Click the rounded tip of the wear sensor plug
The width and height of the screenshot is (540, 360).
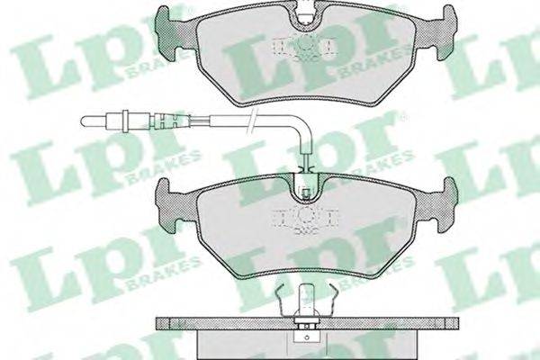[x=83, y=121]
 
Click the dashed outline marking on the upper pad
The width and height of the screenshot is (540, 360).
[x=306, y=48]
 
